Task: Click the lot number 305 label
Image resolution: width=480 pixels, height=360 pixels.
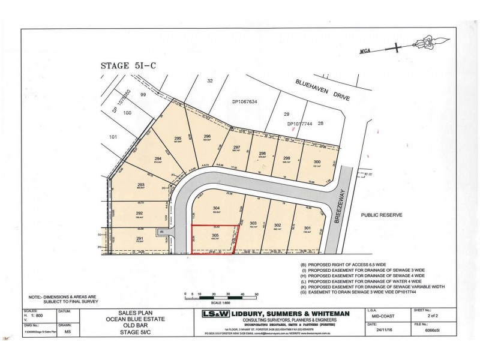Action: (x=215, y=236)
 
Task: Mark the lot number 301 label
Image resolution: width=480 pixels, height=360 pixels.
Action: (x=307, y=227)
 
